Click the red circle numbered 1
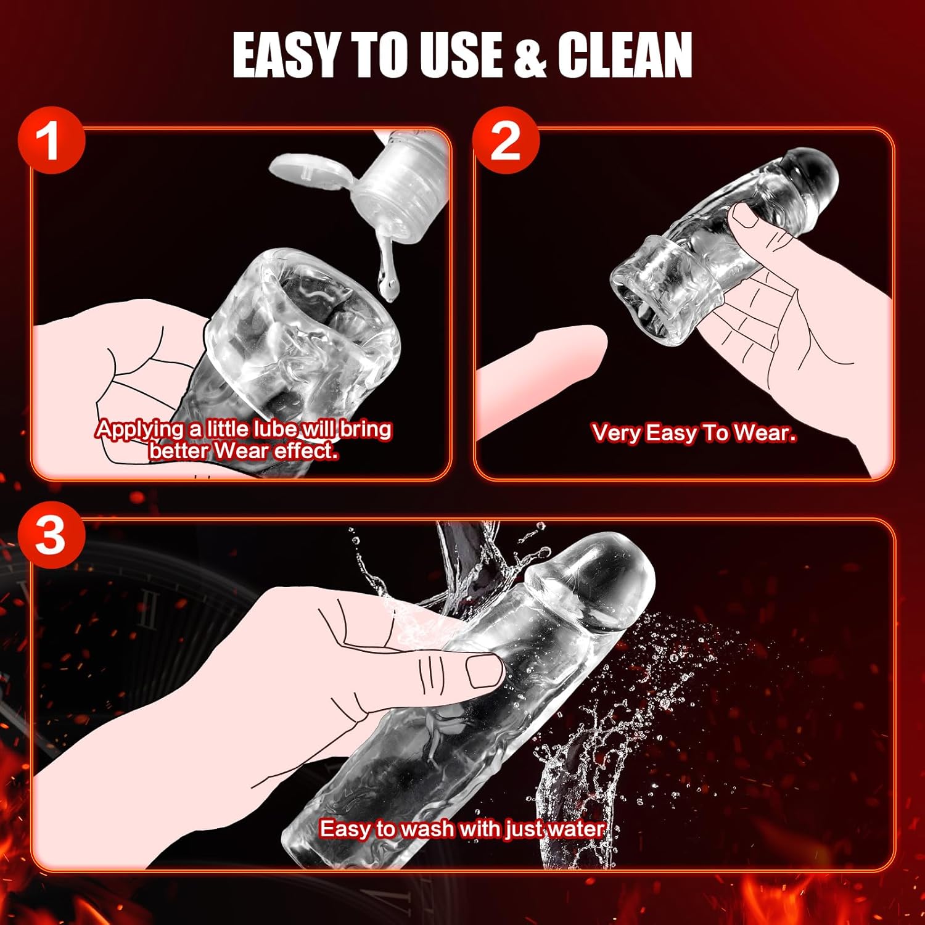click(x=51, y=140)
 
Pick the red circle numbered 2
click(x=506, y=140)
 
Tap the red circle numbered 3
click(x=51, y=535)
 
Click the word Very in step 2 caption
click(x=616, y=434)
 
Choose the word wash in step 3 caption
click(x=426, y=828)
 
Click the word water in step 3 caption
click(x=575, y=828)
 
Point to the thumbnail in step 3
click(x=484, y=671)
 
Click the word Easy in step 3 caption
click(x=343, y=829)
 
